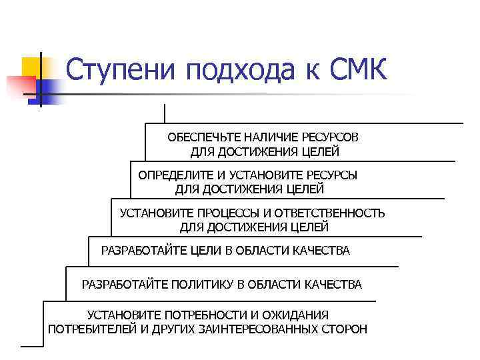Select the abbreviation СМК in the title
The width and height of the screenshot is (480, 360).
[x=359, y=69]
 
